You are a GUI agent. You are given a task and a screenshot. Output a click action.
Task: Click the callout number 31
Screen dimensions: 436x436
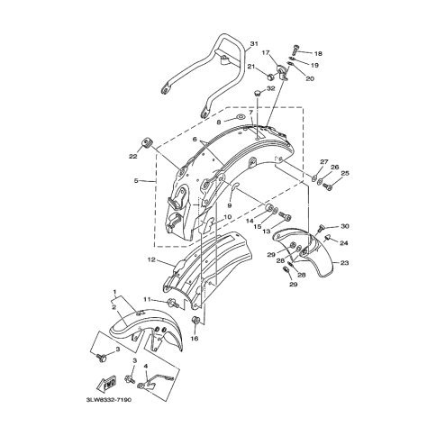click(x=254, y=44)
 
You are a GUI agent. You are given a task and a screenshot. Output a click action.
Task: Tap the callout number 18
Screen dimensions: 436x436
click(x=318, y=53)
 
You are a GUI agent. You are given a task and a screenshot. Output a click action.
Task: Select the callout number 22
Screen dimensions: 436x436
click(x=133, y=157)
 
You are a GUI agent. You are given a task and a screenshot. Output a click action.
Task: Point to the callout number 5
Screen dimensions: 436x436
click(x=136, y=181)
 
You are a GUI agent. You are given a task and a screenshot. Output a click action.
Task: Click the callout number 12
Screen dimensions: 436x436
click(x=151, y=259)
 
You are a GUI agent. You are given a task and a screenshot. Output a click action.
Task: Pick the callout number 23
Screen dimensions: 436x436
click(x=345, y=263)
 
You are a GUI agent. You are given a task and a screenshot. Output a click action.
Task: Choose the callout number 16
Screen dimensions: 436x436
click(x=195, y=339)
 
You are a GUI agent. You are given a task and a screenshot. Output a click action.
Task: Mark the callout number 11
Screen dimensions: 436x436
click(x=147, y=299)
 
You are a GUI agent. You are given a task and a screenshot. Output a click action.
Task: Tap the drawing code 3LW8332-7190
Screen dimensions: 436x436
click(x=109, y=400)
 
